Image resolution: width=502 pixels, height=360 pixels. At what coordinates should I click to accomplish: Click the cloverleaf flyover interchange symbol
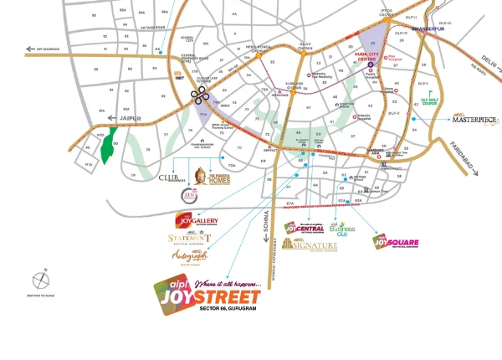click(x=199, y=95)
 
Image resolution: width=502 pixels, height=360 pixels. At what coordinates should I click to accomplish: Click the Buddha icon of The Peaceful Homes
click(x=201, y=175)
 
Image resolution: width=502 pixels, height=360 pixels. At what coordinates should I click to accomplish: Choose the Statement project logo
click(x=188, y=239)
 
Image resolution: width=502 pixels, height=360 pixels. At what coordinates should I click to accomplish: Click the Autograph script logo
click(x=188, y=255)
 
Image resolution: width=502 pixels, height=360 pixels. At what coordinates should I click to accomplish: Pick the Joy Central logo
click(x=304, y=227)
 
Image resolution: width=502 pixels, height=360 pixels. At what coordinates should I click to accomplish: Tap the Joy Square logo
click(x=396, y=243)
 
